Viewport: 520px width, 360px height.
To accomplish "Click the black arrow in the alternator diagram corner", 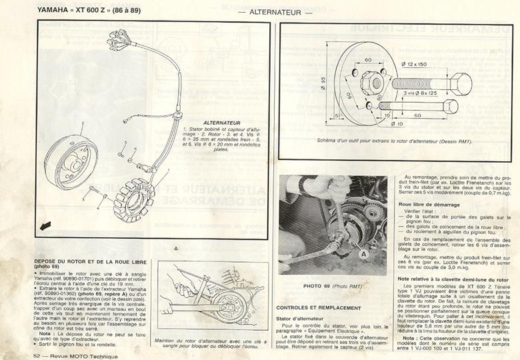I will pyautogui.click(x=46, y=226).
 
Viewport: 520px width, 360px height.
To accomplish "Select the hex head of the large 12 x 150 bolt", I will pyautogui.click(x=460, y=83).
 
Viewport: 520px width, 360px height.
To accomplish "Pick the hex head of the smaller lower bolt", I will pyautogui.click(x=451, y=107).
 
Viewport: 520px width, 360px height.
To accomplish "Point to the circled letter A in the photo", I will pyautogui.click(x=364, y=253).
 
